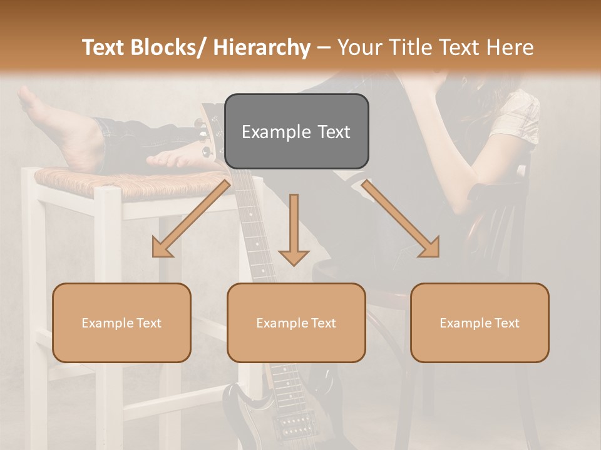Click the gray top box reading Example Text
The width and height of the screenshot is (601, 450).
coord(296,131)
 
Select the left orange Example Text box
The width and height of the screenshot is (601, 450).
coord(121,322)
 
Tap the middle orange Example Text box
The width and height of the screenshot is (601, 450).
coord(296,322)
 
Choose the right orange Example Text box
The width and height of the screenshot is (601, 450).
coord(480,322)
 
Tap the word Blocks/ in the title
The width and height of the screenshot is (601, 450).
coord(169,47)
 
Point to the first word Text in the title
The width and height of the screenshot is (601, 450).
coord(105,47)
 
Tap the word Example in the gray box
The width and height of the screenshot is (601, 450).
coord(268,132)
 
